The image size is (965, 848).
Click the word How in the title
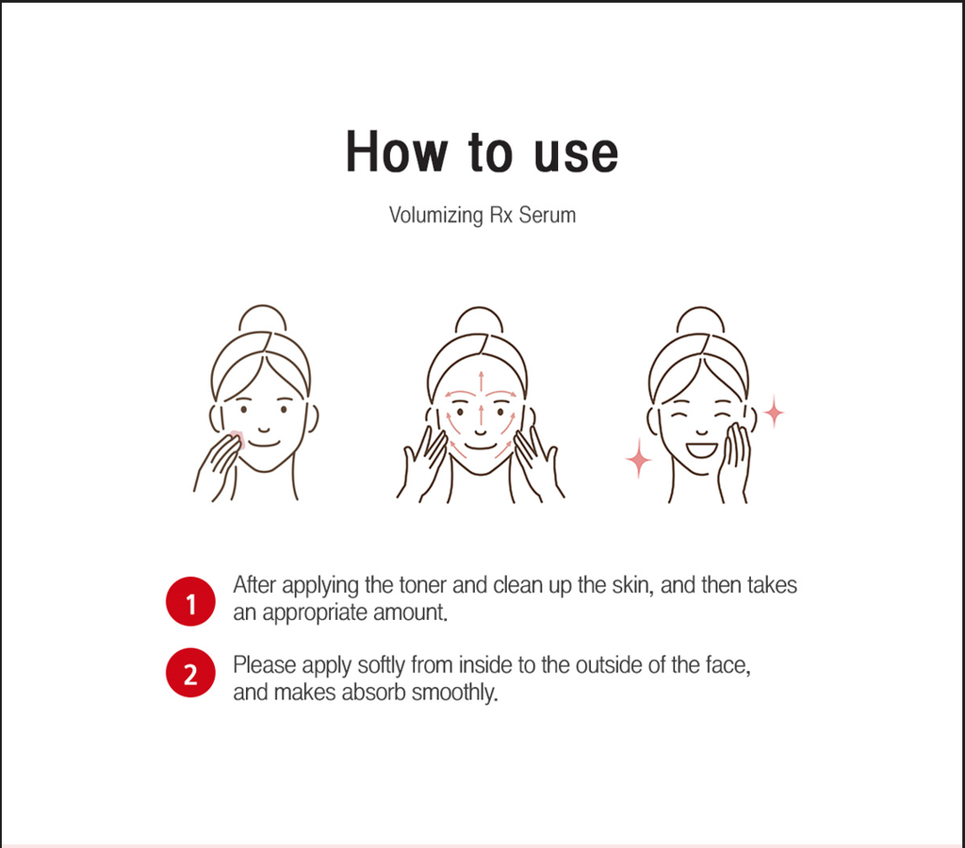tap(396, 152)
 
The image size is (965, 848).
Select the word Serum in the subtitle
tap(548, 216)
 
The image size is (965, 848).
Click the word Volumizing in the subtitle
tap(435, 216)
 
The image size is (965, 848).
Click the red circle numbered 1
tap(190, 601)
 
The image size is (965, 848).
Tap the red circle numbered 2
tap(190, 673)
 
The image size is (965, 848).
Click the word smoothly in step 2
tap(454, 693)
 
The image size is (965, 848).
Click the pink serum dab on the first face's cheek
tap(238, 439)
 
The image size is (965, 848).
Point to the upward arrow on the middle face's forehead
tap(481, 381)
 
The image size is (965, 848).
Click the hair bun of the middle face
tap(479, 318)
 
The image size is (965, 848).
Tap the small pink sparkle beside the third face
tap(774, 412)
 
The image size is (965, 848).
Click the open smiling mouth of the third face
tap(701, 449)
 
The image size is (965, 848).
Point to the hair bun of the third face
tap(700, 318)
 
